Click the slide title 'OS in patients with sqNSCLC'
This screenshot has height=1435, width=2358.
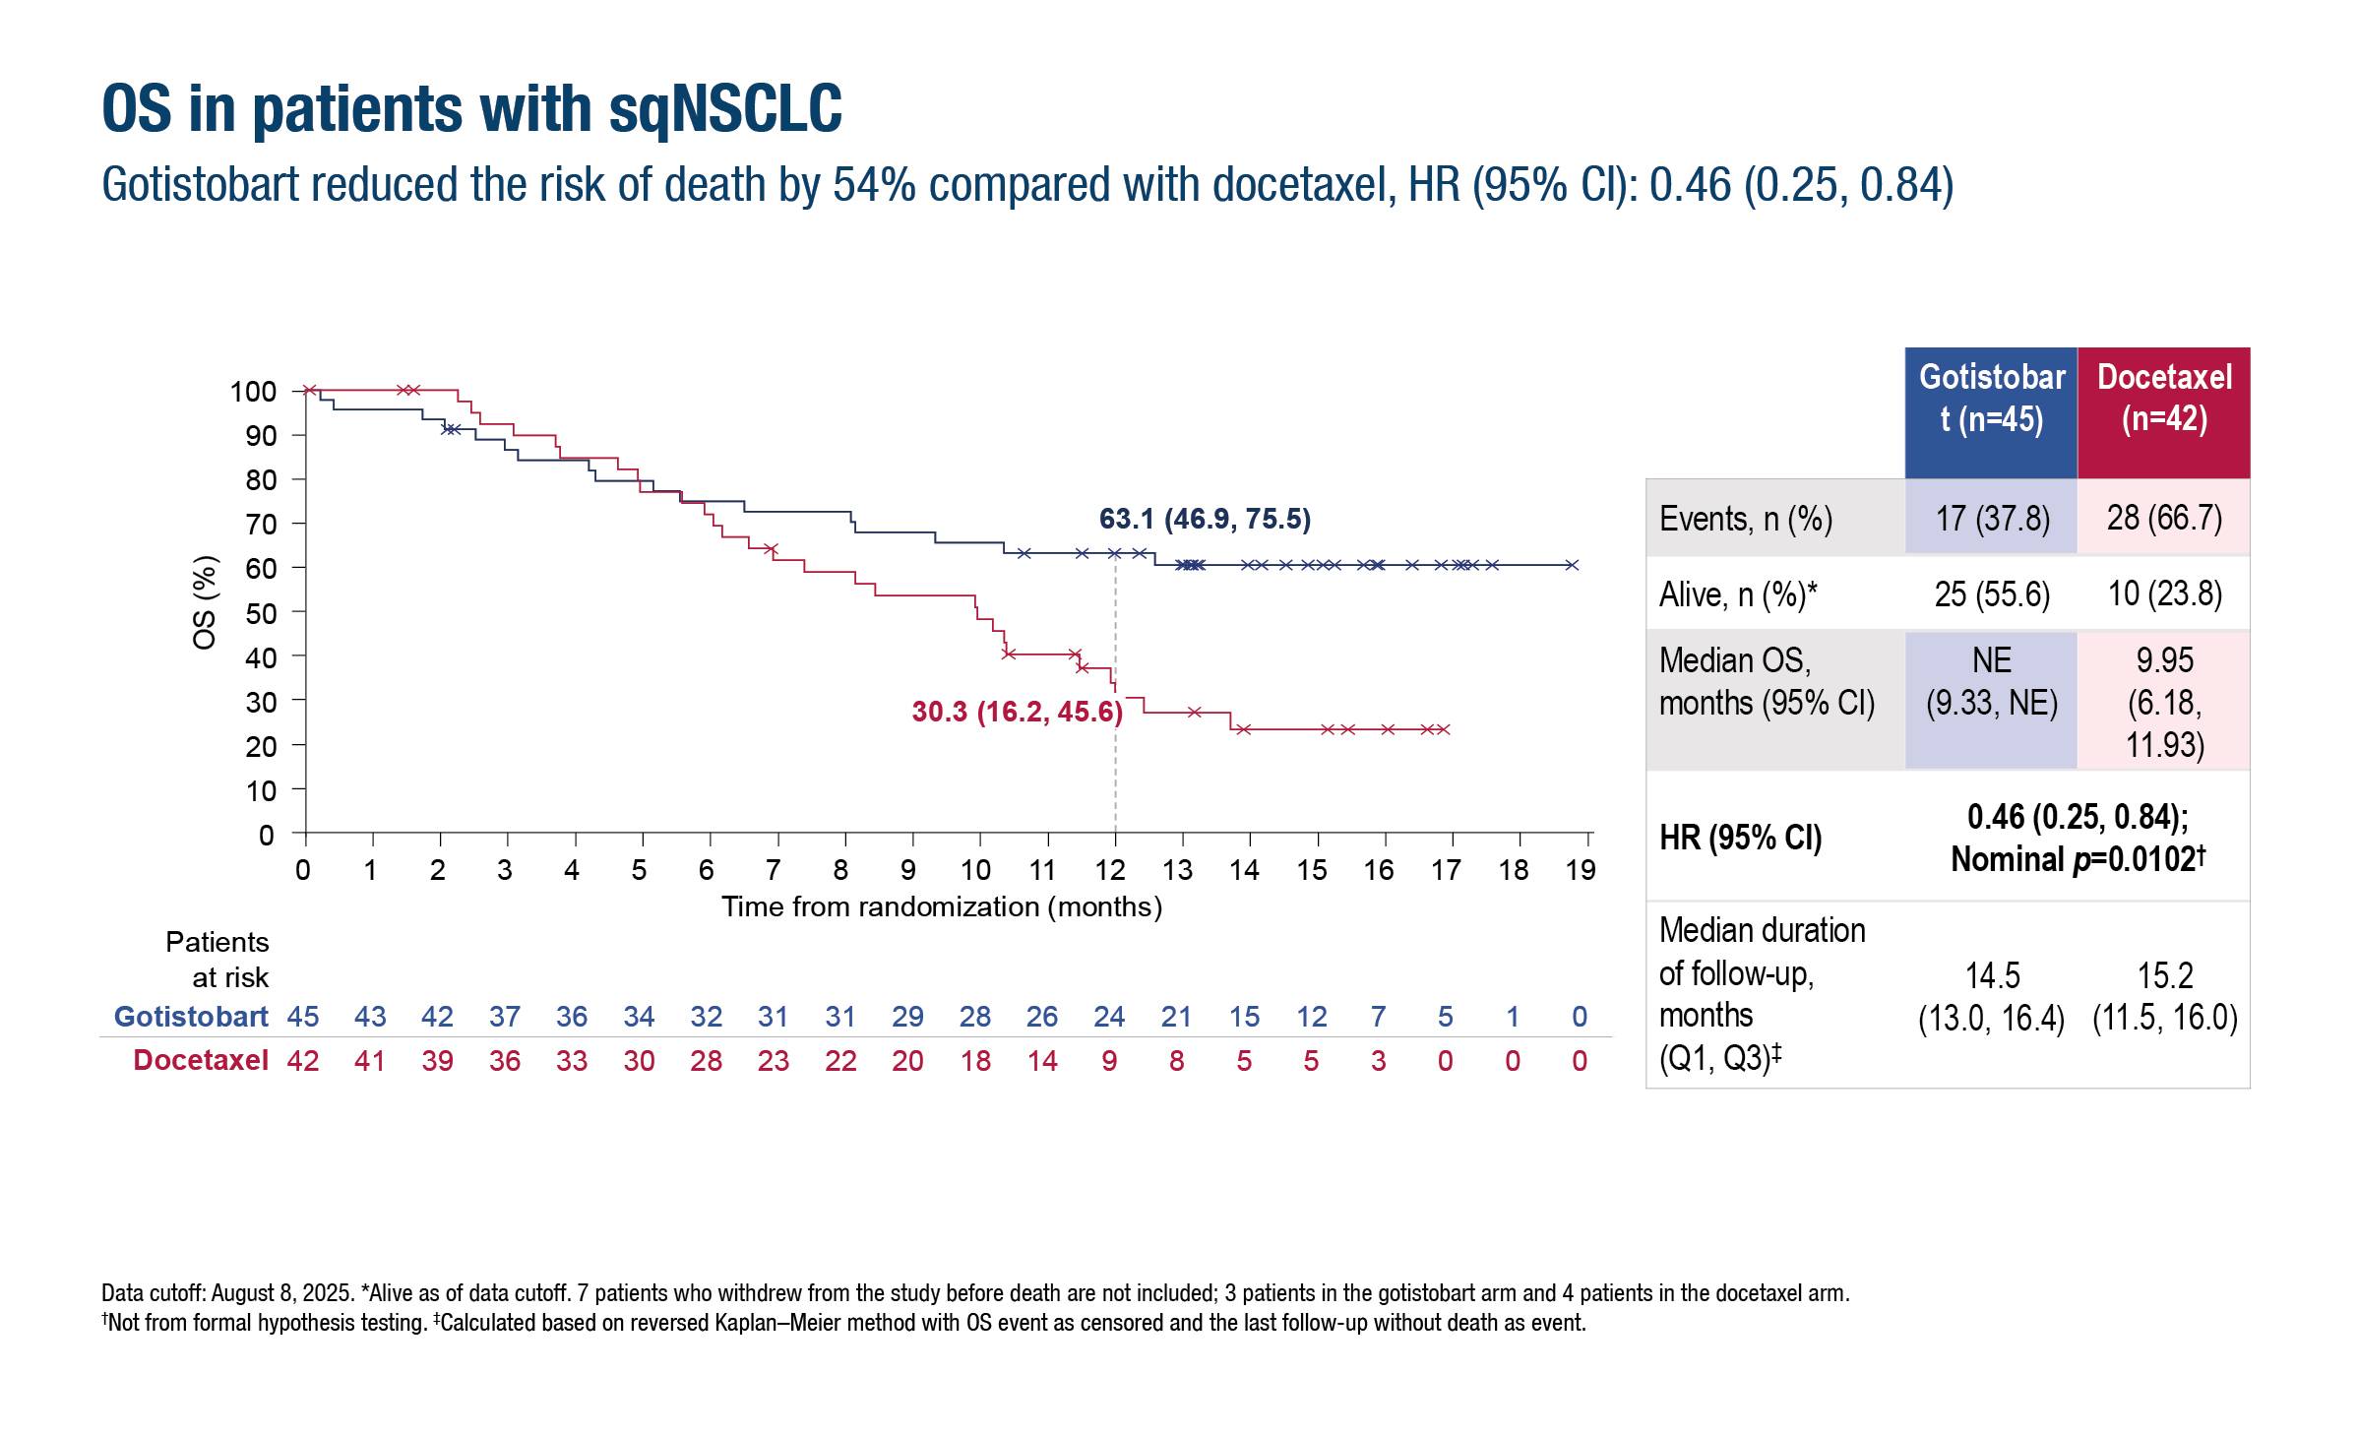pyautogui.click(x=471, y=108)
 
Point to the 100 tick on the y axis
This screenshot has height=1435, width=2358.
pyautogui.click(x=253, y=392)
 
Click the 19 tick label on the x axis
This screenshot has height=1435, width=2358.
pyautogui.click(x=1581, y=870)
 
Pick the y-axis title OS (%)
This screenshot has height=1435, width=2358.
pyautogui.click(x=205, y=603)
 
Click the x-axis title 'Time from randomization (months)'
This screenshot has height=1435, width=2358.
pyautogui.click(x=942, y=906)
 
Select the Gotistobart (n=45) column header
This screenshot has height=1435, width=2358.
pyautogui.click(x=1991, y=398)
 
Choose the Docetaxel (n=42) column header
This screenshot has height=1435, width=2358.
pyautogui.click(x=2164, y=398)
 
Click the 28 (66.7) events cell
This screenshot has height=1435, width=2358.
pyautogui.click(x=2164, y=518)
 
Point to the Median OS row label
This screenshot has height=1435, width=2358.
pyautogui.click(x=1767, y=681)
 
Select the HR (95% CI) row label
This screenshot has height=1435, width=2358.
pyautogui.click(x=1740, y=838)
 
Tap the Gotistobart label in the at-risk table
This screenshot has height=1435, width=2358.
pyautogui.click(x=191, y=1017)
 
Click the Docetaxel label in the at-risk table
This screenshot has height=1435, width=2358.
pyautogui.click(x=201, y=1060)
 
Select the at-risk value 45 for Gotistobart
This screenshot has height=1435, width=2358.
pyautogui.click(x=303, y=1017)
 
